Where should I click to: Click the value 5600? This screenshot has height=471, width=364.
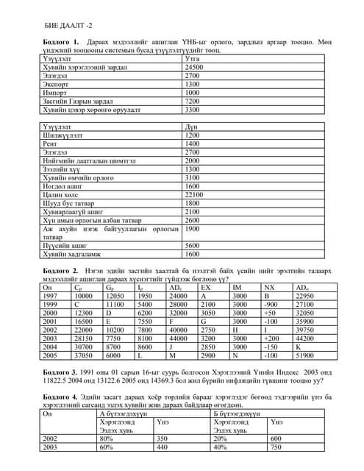click(x=193, y=245)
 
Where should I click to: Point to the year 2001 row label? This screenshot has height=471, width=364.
click(x=51, y=321)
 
